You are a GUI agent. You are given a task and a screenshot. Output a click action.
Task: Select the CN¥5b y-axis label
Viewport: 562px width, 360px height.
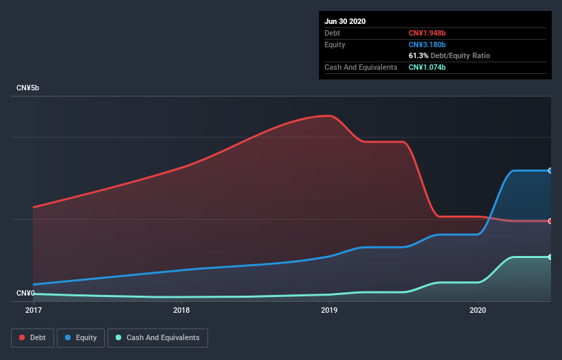(x=32, y=88)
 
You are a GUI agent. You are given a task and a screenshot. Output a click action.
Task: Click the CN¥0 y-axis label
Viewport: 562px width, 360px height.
(x=26, y=293)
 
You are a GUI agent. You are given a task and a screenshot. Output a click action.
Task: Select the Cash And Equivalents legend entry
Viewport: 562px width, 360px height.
(x=157, y=337)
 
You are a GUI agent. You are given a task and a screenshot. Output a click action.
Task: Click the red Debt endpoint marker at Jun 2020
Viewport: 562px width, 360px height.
(x=550, y=221)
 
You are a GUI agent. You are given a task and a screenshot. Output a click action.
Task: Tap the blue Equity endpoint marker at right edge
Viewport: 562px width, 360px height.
(x=550, y=170)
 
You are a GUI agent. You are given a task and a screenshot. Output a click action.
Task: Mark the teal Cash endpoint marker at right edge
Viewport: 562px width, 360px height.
(x=550, y=257)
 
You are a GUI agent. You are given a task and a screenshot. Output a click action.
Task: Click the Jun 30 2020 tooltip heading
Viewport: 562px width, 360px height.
(x=345, y=21)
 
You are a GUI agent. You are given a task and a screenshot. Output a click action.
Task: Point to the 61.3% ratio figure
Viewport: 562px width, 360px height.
(x=419, y=55)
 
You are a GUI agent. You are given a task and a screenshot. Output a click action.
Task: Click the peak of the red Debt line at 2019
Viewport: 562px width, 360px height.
(x=331, y=116)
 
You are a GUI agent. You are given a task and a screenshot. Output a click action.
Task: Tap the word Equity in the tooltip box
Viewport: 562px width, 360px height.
(x=335, y=44)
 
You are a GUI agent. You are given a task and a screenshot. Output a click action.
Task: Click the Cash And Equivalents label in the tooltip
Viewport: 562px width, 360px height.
(x=361, y=67)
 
